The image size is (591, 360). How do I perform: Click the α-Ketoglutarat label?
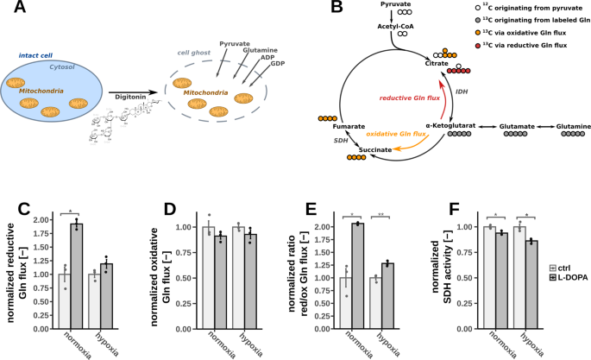433,127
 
